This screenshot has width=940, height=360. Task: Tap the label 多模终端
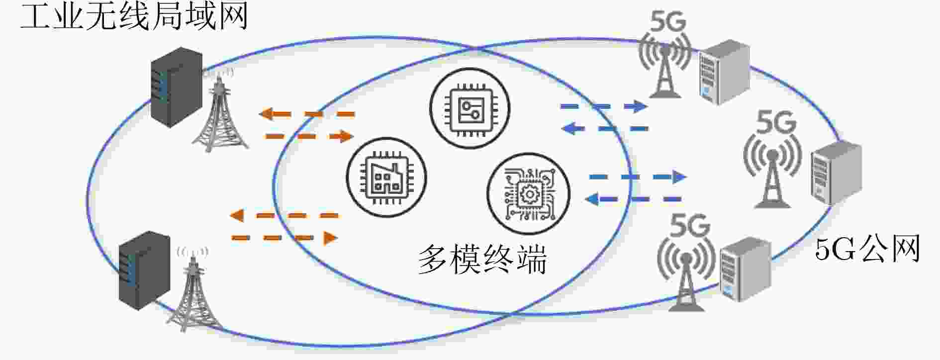coord(482,259)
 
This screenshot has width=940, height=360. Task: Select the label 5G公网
coord(867,249)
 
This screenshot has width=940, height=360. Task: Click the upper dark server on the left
coord(177,87)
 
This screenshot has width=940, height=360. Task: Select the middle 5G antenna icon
coord(772,159)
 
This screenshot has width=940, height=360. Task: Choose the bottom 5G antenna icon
coord(686,261)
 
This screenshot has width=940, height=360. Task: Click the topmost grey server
coord(724,72)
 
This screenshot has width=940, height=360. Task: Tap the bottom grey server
coord(745,269)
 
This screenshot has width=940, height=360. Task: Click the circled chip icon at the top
coord(470,108)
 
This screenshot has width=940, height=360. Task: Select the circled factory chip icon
coord(386,178)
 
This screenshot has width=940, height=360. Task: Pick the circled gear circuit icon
coord(528,193)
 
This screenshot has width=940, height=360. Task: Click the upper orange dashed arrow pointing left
coord(306,114)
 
